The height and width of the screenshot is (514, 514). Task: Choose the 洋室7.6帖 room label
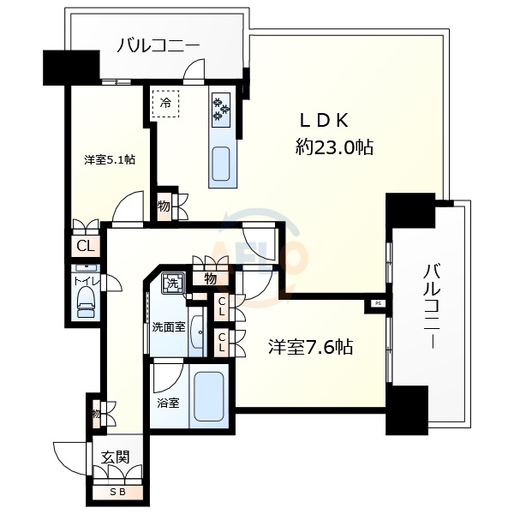pos(310,347)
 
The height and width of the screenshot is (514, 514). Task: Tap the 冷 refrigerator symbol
pos(165,104)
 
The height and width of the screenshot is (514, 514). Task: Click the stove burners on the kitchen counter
pos(220,108)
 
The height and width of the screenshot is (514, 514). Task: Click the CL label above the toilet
pos(85,247)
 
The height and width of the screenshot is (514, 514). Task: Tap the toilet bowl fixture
pos(86,302)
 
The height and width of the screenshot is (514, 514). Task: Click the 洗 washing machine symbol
pos(173,283)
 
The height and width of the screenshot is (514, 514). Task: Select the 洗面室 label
pos(168,326)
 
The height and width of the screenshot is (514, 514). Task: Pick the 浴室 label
pos(167,402)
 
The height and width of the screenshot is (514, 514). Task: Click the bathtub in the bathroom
pos(209,396)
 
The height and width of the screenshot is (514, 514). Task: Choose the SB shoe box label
pos(116,492)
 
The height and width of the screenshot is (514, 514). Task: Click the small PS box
pos(377,302)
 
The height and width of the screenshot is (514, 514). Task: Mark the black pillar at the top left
pos(59,67)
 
